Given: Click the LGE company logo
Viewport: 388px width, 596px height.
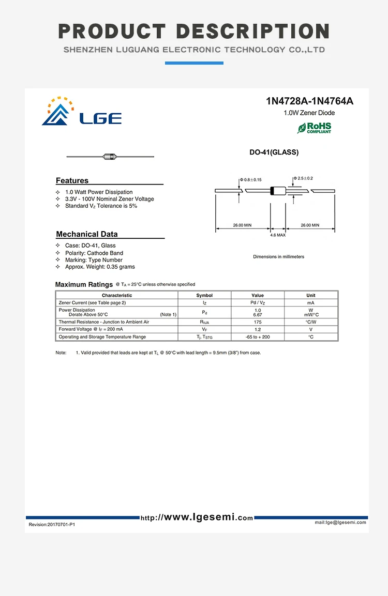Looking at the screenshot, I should [81, 112].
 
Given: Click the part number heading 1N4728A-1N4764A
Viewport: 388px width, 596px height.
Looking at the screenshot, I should [309, 101].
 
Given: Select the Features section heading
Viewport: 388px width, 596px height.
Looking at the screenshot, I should [72, 180].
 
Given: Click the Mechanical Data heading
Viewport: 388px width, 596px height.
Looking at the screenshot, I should [87, 234].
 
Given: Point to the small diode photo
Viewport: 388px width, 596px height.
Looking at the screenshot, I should [110, 156].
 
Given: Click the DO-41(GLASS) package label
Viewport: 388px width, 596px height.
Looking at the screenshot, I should [274, 152].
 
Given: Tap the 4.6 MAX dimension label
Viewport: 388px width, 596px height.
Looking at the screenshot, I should [278, 235].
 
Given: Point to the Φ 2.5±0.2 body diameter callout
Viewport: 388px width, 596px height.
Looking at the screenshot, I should [304, 178].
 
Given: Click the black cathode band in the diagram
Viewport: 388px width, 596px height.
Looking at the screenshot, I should [273, 190].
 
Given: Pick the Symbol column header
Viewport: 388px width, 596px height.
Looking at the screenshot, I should [204, 295].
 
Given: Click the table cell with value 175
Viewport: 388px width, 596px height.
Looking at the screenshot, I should [258, 322].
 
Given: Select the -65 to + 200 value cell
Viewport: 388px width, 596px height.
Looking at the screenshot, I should [258, 337].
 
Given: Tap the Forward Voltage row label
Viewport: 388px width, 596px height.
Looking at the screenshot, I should [91, 329].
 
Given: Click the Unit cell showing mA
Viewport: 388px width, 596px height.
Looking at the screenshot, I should [310, 302].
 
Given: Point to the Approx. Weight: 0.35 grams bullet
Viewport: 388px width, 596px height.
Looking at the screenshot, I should [100, 267].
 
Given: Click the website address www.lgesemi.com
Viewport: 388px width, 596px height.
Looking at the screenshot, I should [197, 517].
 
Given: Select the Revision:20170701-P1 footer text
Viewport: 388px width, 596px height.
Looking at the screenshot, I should [52, 525].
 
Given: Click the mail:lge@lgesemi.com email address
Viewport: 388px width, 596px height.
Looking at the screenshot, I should [340, 523].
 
